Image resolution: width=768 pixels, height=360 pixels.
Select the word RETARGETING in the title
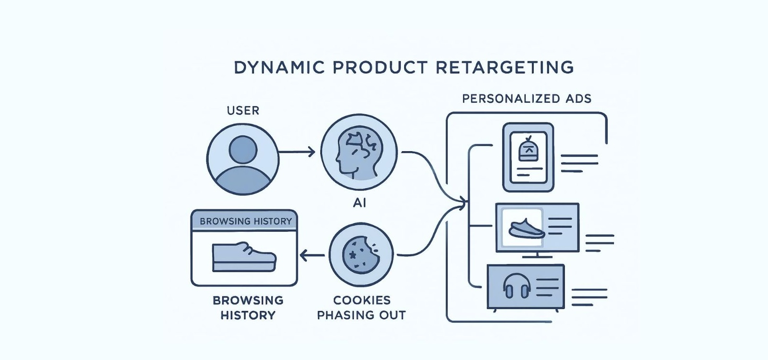point(504,68)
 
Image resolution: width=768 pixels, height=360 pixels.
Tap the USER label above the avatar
point(243,110)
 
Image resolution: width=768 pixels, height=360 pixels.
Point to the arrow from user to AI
point(297,152)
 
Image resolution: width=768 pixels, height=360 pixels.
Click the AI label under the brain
point(360,203)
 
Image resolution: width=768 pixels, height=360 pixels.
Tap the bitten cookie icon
point(361,254)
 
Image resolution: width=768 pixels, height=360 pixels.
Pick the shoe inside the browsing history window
point(244,257)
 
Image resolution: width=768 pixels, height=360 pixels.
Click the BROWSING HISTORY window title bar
point(245,221)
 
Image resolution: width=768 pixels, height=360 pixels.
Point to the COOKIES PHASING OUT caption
point(361,308)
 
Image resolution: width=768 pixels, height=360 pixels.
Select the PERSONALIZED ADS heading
point(527,99)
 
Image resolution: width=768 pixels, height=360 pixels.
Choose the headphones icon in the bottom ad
point(516,287)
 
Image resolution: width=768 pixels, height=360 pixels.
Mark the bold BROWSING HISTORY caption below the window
point(248,308)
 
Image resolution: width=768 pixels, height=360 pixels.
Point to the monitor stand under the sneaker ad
point(536,255)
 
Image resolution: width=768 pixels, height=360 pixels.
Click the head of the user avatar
point(243,149)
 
